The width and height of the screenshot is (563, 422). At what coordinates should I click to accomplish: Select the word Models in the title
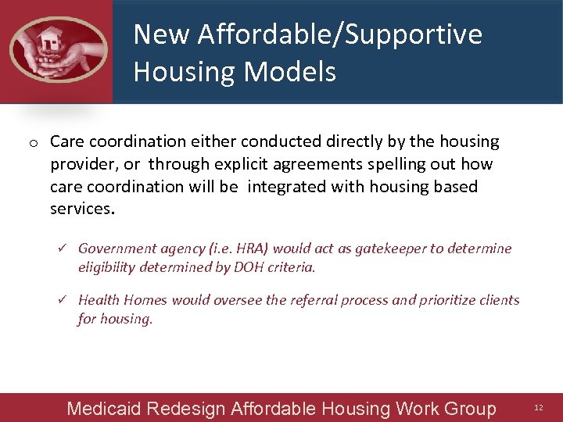click(289, 72)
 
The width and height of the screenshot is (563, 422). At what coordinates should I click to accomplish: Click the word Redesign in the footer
click(185, 409)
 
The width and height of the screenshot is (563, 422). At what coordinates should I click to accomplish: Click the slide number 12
click(539, 408)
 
